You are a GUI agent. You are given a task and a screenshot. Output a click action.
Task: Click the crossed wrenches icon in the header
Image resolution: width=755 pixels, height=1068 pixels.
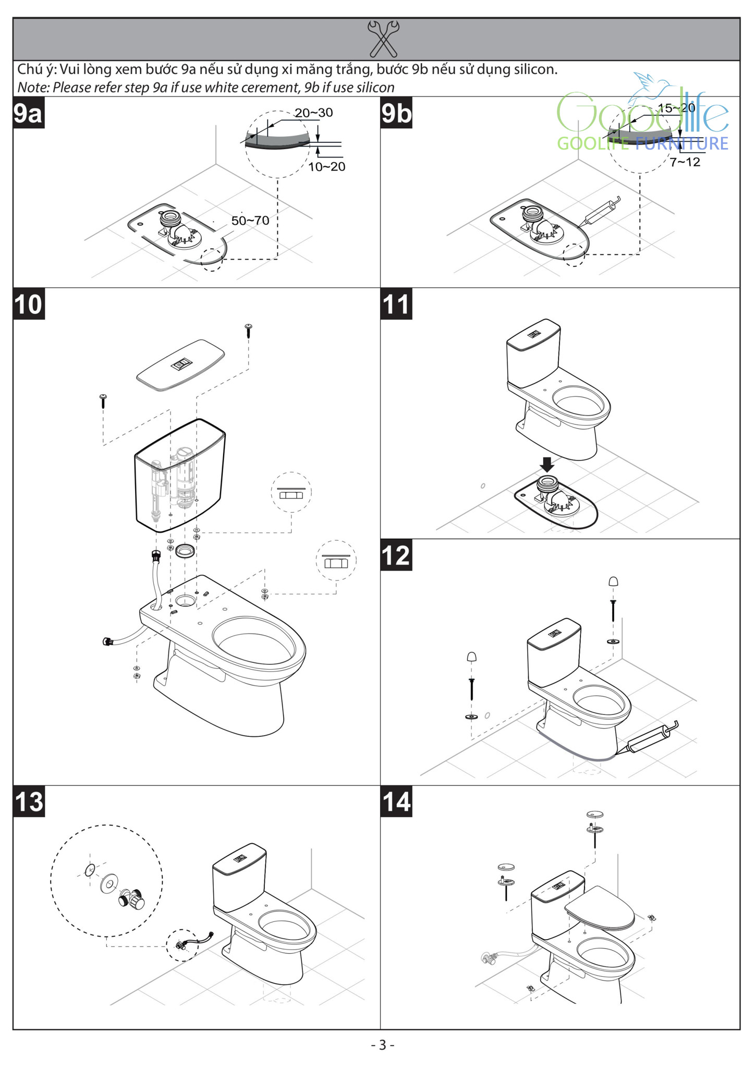tap(383, 39)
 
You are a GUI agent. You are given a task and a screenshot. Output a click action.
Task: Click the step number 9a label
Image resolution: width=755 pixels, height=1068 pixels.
tap(28, 113)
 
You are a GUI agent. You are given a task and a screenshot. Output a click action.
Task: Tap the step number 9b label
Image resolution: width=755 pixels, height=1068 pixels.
tap(396, 113)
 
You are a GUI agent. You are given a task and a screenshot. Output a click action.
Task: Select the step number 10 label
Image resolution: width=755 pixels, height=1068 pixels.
tap(29, 304)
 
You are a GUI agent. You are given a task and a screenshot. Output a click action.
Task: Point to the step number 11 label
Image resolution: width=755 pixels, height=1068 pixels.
tap(396, 304)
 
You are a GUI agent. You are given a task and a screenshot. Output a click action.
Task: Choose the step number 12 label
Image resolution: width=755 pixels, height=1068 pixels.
tap(396, 555)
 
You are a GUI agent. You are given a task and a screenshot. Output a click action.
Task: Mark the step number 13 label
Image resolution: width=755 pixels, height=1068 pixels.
tap(29, 801)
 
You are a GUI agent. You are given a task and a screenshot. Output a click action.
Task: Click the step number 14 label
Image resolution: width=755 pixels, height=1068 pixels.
tap(396, 801)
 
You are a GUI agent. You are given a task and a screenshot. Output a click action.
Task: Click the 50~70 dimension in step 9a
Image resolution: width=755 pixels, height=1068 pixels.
tap(250, 221)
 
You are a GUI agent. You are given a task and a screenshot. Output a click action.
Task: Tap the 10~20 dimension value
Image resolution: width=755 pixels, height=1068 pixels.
tap(327, 167)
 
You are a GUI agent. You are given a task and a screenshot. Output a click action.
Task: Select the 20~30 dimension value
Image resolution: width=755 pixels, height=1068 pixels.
tap(314, 113)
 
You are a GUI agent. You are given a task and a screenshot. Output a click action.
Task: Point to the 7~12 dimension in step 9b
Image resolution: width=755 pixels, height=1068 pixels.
tap(685, 162)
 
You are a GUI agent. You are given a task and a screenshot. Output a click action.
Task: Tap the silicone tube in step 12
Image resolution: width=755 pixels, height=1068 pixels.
tap(651, 737)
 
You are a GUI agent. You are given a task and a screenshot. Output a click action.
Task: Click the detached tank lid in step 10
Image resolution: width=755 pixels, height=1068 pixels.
tap(180, 365)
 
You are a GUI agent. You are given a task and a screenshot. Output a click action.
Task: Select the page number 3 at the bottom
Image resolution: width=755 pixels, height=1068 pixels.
tap(383, 1045)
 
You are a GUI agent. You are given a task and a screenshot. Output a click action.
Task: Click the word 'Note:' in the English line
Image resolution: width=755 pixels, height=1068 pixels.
tap(33, 88)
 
